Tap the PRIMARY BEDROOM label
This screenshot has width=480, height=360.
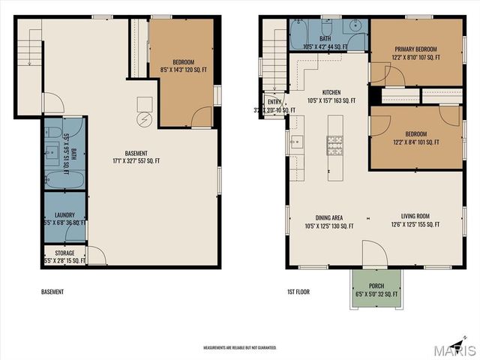click(x=417, y=49)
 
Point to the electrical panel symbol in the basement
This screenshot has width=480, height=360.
click(x=144, y=121)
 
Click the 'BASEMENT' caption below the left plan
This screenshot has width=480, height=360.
click(x=52, y=292)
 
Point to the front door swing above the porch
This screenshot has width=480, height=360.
click(x=373, y=253)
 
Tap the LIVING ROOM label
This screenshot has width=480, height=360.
click(x=415, y=217)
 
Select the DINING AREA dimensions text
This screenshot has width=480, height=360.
click(x=329, y=225)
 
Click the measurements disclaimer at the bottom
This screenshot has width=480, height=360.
click(x=240, y=348)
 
